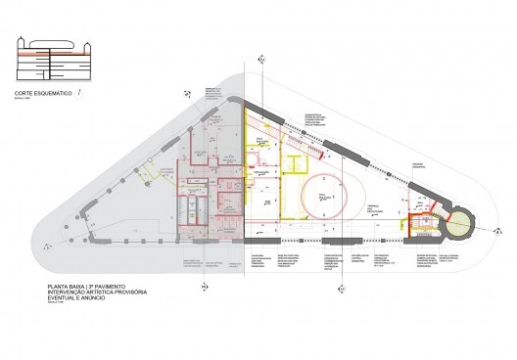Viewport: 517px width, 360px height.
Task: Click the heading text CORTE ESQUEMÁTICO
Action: point(42,95)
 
